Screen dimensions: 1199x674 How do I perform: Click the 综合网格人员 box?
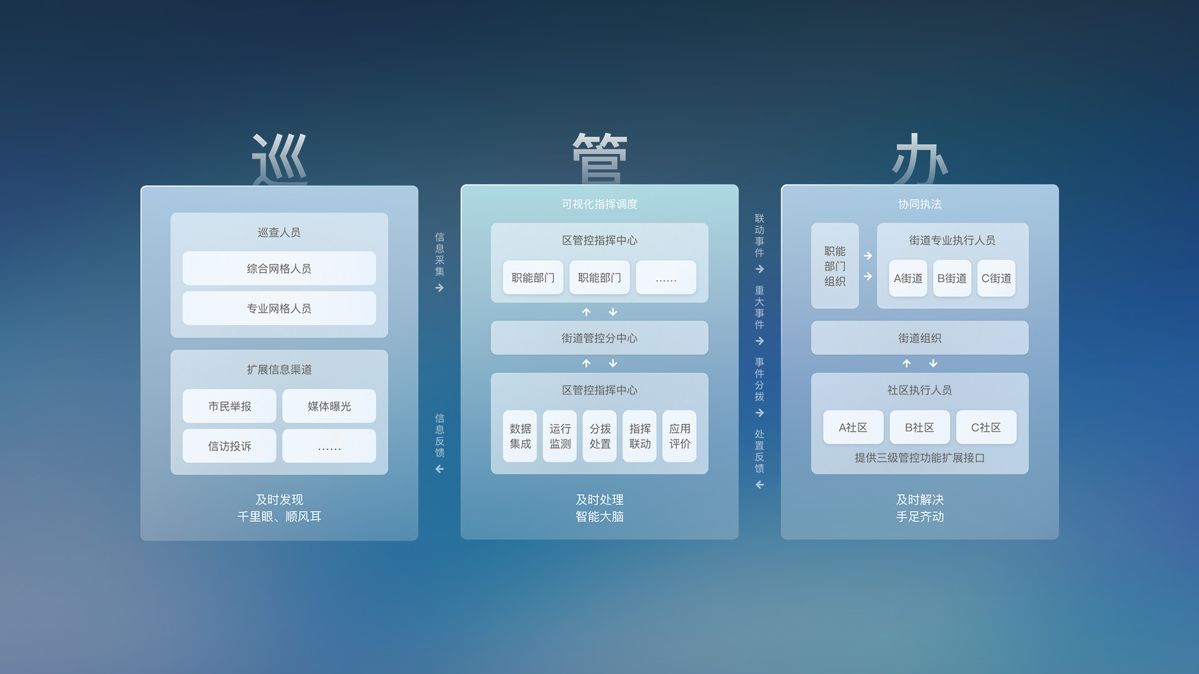tap(279, 268)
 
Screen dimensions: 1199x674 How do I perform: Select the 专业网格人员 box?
tap(279, 308)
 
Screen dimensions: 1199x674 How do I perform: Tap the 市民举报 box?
tap(229, 406)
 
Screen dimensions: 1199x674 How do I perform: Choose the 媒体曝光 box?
tap(329, 406)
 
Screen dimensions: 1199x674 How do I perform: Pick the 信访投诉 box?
tap(229, 446)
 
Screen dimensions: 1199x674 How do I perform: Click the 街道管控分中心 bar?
tap(599, 338)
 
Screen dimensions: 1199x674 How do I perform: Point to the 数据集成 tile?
tap(520, 436)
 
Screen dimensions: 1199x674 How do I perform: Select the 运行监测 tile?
tap(560, 436)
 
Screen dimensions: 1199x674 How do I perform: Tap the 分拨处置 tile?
tap(599, 436)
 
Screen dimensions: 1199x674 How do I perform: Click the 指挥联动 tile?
tap(639, 436)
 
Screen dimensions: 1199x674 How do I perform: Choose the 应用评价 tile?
tap(679, 436)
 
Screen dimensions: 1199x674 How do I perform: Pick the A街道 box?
tap(908, 278)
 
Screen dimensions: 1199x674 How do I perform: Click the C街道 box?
tap(996, 278)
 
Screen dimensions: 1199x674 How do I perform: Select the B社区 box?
tap(920, 427)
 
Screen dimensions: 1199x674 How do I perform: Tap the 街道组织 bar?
tap(920, 338)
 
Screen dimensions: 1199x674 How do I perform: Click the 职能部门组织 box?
tap(835, 266)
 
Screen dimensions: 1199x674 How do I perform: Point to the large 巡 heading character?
tap(279, 159)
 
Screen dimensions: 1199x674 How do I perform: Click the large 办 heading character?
tap(920, 159)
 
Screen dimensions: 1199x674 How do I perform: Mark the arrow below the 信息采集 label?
tap(440, 288)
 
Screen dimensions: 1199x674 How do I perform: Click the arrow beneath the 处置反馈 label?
tap(759, 485)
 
